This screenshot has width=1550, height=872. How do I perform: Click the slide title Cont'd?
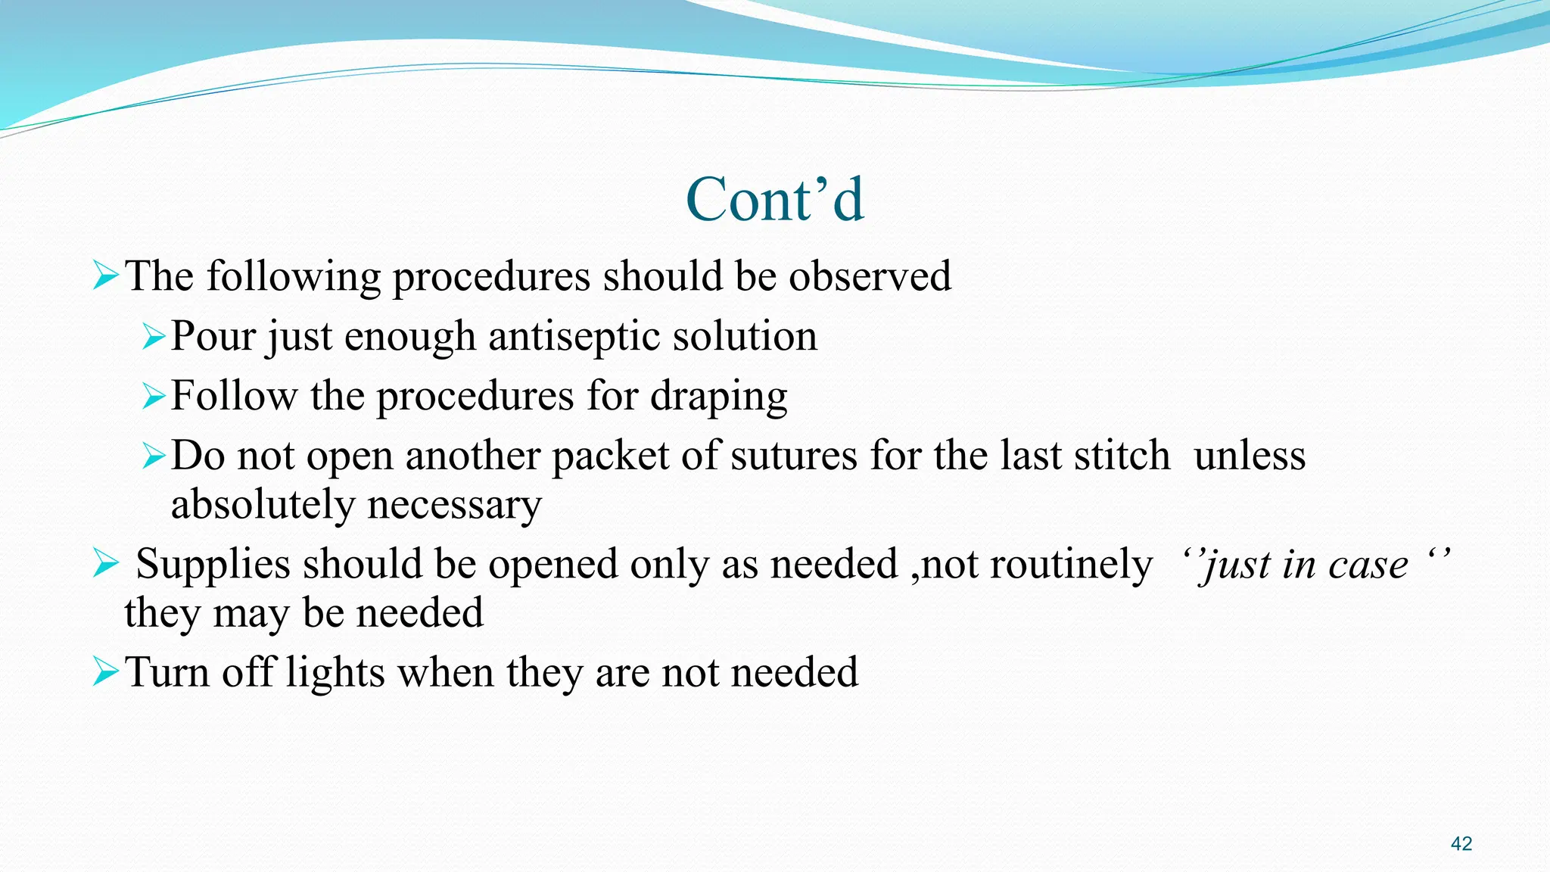pyautogui.click(x=774, y=199)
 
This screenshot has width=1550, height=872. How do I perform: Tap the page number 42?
pyautogui.click(x=1461, y=844)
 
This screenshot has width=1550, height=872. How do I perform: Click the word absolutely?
pyautogui.click(x=262, y=505)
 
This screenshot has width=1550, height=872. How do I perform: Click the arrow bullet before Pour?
pyautogui.click(x=154, y=336)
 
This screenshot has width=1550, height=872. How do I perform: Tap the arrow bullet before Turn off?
pyautogui.click(x=106, y=671)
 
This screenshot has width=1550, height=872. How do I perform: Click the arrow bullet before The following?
pyautogui.click(x=106, y=276)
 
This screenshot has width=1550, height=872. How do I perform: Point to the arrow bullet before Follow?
pyautogui.click(x=154, y=396)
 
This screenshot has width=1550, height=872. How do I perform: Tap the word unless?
pyautogui.click(x=1250, y=456)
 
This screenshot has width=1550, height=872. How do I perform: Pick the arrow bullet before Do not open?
pyautogui.click(x=154, y=456)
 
